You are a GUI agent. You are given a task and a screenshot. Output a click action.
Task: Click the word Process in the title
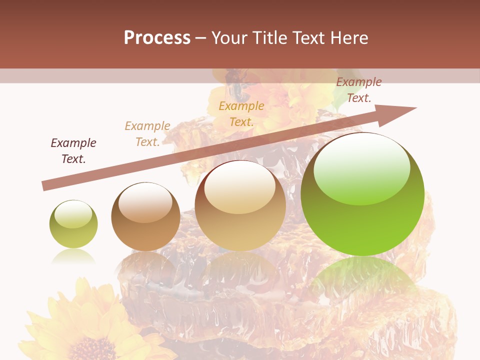coord(157,38)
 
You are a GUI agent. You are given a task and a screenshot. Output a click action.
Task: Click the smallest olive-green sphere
coord(73,224)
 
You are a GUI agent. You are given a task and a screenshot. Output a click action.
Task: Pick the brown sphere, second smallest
coord(145,217)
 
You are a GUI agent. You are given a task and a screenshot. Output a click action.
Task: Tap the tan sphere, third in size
coord(240,205)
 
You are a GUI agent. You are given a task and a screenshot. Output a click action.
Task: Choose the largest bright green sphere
coord(362,194)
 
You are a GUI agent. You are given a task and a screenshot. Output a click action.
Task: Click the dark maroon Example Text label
coord(73,151)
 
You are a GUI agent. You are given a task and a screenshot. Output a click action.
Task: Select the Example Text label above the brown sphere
coord(147,134)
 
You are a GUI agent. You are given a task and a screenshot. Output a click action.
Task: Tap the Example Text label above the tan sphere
coord(241,114)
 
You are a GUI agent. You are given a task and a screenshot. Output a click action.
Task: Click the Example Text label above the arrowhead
coord(359,90)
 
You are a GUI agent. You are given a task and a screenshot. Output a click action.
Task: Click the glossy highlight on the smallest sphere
coord(73,214)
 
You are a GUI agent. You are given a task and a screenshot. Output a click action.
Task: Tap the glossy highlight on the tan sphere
coord(240,188)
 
